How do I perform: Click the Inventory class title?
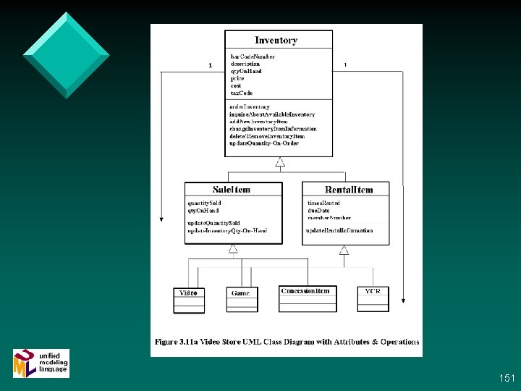point(276,41)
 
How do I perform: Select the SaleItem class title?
point(232,190)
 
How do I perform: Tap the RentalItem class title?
point(349,190)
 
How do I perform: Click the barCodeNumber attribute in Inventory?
point(253,56)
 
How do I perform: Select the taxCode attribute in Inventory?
point(241,93)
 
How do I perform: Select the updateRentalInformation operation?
point(339,230)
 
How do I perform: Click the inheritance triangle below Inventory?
point(280,162)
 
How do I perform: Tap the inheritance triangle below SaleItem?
point(234,249)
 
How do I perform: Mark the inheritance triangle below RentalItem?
point(344,251)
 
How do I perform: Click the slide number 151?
point(507,378)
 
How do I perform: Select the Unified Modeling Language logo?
point(41,363)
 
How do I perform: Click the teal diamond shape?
point(66,54)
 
